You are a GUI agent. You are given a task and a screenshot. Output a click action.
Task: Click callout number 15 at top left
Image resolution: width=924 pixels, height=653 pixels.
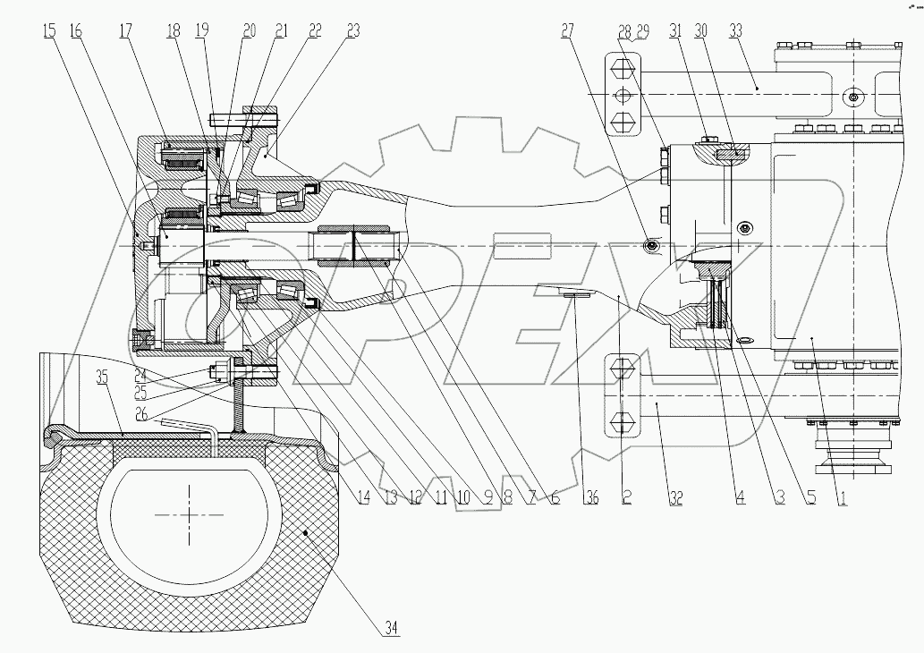click(x=48, y=30)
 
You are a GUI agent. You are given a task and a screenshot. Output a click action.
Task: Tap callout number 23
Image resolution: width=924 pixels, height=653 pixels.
click(x=352, y=30)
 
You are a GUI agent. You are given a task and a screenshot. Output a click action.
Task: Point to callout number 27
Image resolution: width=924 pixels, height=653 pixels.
click(x=566, y=30)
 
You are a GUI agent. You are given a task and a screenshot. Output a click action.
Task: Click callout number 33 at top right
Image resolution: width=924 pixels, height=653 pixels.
click(x=761, y=30)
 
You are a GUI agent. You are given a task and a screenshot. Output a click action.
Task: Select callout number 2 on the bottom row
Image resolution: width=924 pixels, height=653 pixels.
click(x=626, y=497)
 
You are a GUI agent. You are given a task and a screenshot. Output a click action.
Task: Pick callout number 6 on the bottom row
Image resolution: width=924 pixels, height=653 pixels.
click(x=555, y=497)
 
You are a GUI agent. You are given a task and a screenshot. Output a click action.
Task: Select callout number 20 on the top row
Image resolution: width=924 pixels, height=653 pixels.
click(x=249, y=30)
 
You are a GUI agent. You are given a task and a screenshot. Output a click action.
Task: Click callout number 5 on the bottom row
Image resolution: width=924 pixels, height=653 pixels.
click(x=810, y=497)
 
